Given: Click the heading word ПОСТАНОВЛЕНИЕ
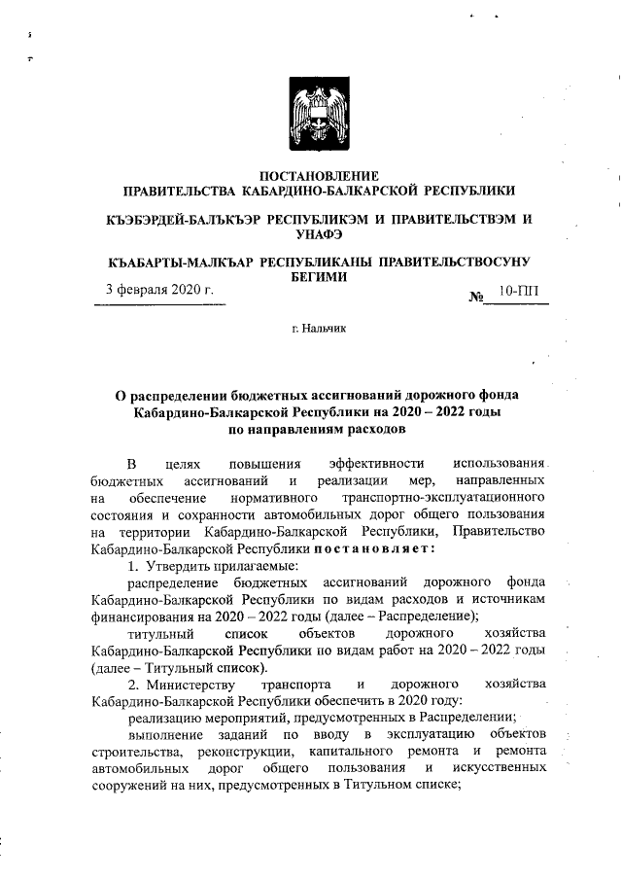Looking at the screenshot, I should tap(312, 176).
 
